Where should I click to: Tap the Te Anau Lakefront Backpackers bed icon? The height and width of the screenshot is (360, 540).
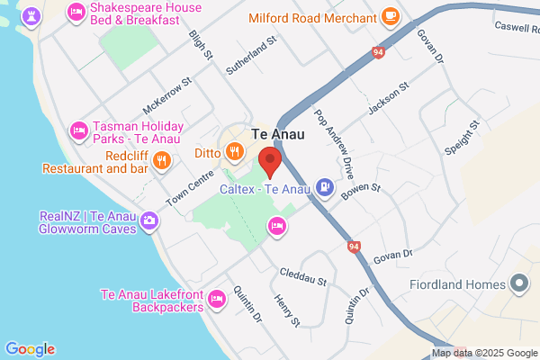click(216, 299)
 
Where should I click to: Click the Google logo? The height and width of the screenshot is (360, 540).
click(30, 349)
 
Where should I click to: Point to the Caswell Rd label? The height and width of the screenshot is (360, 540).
click(516, 27)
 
